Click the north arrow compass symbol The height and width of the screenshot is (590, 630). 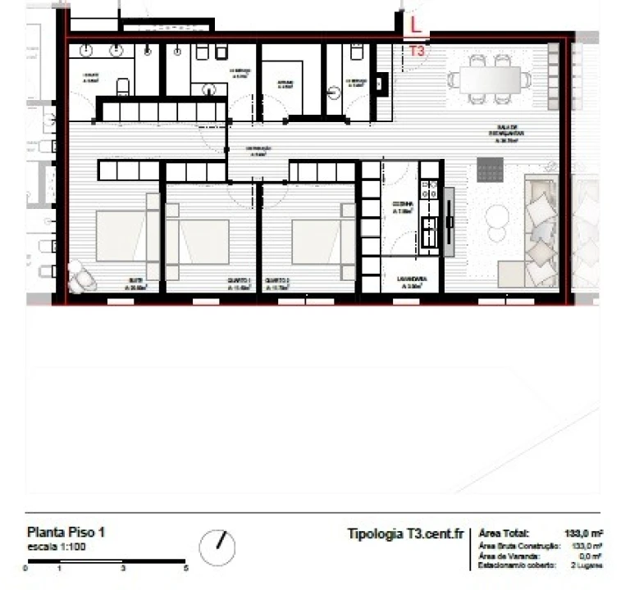coord(217,546)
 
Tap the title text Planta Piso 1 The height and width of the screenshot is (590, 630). coord(66,532)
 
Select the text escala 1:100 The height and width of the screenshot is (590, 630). coord(55,547)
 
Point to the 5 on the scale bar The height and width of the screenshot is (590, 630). coord(186,568)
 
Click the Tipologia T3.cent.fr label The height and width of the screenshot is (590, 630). coord(405,533)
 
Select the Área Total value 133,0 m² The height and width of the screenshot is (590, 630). coord(584,533)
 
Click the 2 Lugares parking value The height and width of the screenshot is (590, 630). coord(588,565)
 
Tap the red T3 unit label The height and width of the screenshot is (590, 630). coord(417,51)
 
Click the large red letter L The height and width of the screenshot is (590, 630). coord(417,25)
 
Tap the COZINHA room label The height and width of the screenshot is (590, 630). coord(402,206)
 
